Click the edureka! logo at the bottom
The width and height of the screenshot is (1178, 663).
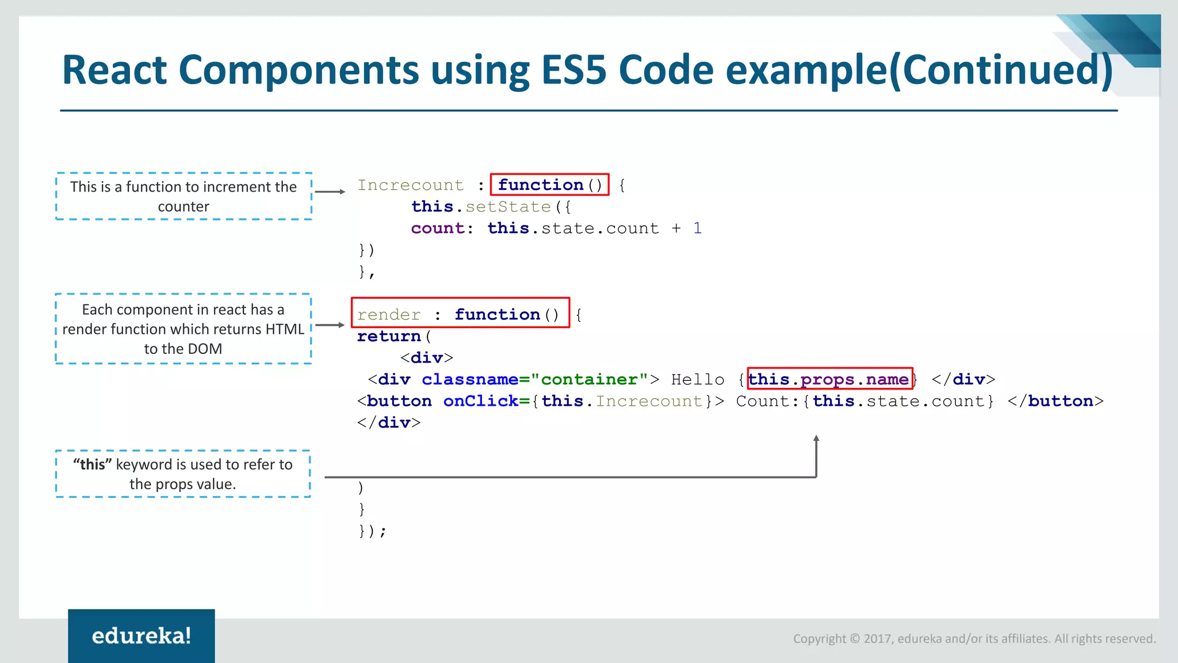(x=141, y=636)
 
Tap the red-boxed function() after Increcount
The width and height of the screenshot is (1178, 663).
(x=549, y=185)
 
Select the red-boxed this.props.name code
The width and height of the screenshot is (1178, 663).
(x=829, y=379)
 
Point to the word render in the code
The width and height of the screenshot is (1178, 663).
(x=389, y=315)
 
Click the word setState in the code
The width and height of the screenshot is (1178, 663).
(x=508, y=207)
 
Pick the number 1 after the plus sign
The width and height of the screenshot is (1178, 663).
(x=697, y=228)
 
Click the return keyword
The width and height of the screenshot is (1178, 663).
(x=389, y=336)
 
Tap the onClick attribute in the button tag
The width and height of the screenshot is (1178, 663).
(x=480, y=401)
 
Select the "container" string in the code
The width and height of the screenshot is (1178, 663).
(x=590, y=379)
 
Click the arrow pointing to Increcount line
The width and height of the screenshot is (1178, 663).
(x=330, y=192)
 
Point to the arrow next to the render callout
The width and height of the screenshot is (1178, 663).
(x=330, y=325)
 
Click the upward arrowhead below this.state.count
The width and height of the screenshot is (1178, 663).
(x=816, y=439)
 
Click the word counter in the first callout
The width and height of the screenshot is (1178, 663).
(x=183, y=207)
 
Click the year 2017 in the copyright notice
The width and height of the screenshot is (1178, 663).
(x=877, y=639)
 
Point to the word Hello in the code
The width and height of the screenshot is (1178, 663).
(x=698, y=379)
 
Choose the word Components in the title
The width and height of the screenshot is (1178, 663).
(x=299, y=70)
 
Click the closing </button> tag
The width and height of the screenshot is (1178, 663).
(x=1055, y=401)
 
